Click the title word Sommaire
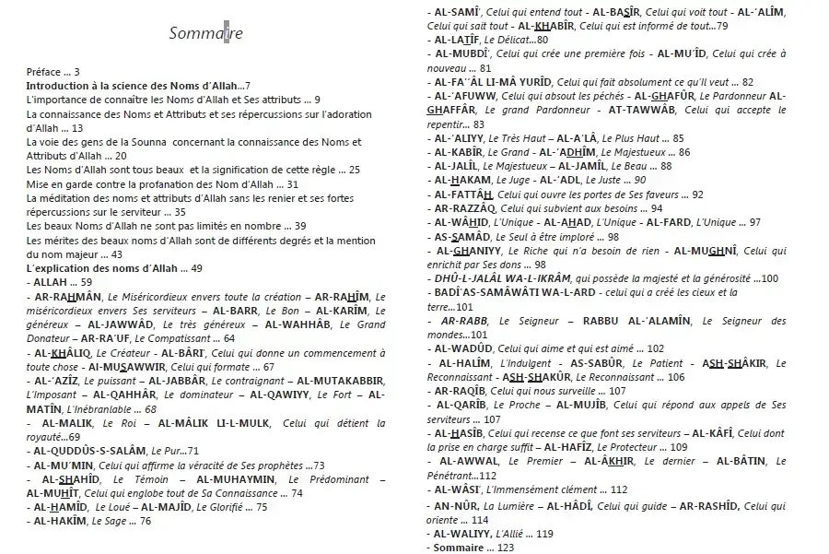point(206,34)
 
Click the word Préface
point(44,71)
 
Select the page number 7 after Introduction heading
point(247,86)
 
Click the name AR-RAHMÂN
point(69,296)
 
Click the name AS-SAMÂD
point(465,236)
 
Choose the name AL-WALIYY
point(465,534)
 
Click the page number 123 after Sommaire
point(506,548)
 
